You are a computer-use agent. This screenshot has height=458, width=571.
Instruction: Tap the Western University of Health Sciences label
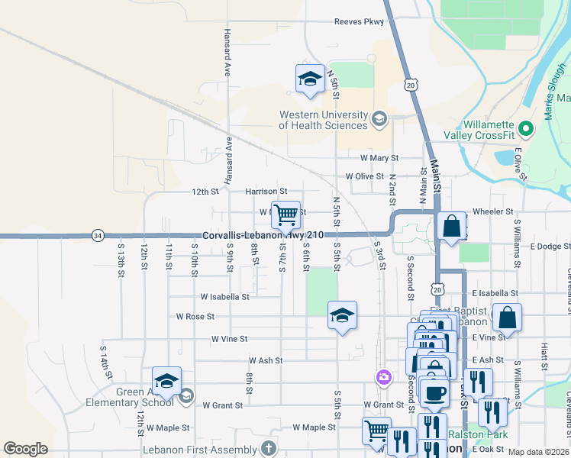[324, 120]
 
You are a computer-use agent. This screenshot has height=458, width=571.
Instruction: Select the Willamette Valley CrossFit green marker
[525, 127]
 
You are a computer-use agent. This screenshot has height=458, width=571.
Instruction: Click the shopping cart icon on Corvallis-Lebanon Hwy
[285, 214]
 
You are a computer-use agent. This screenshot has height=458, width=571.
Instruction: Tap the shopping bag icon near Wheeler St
[452, 226]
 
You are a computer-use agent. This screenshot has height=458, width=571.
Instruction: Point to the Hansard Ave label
[227, 53]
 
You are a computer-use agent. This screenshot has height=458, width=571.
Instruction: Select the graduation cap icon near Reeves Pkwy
[310, 79]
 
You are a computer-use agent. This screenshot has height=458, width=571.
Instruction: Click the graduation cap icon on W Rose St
[342, 314]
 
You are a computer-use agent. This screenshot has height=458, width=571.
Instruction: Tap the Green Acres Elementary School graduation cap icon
[166, 380]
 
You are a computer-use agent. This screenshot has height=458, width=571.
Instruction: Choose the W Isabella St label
[224, 296]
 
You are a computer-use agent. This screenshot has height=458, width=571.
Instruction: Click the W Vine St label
[230, 338]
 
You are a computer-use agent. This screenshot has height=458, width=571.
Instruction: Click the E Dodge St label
[544, 247]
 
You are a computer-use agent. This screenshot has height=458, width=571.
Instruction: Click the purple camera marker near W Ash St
[383, 376]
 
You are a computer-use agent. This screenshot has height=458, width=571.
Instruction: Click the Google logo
[25, 449]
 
